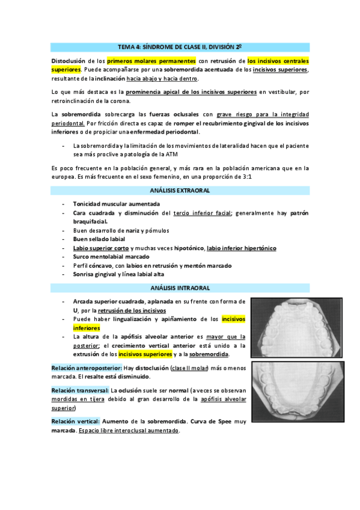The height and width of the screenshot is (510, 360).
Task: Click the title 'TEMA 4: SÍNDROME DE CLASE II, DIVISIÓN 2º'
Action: click(x=180, y=47)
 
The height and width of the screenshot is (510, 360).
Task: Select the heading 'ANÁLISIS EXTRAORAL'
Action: click(x=180, y=190)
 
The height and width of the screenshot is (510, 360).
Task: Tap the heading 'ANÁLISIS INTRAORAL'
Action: click(x=180, y=288)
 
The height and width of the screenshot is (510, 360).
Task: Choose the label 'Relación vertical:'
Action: click(x=75, y=422)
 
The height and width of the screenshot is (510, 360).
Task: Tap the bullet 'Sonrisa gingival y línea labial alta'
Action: click(x=118, y=274)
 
